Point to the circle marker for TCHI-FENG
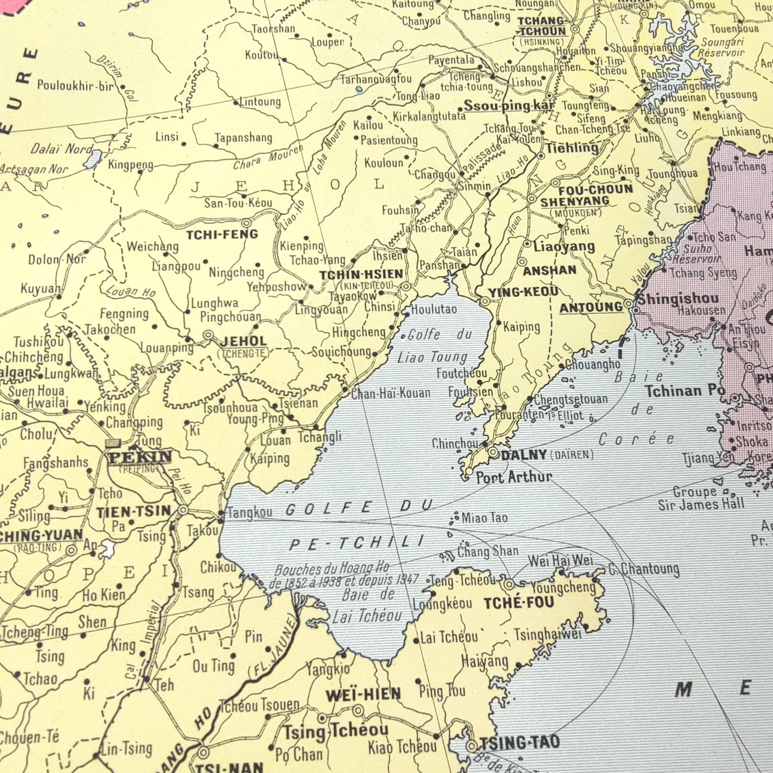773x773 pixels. [246, 223]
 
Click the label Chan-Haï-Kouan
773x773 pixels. [391, 393]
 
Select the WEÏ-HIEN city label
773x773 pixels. [363, 694]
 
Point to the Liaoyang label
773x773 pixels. [564, 247]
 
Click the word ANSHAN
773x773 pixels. [550, 270]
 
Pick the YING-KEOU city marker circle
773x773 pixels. [485, 301]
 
